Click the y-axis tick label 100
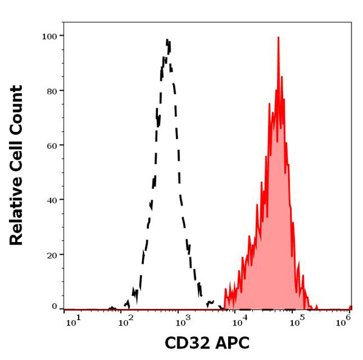[x=49, y=36]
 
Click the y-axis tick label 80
[x=51, y=91]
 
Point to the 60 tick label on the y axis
[x=51, y=145]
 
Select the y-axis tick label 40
[x=51, y=200]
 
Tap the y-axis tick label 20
[x=51, y=255]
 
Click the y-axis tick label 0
[x=54, y=306]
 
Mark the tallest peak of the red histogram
[x=278, y=38]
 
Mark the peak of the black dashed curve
[x=168, y=41]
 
